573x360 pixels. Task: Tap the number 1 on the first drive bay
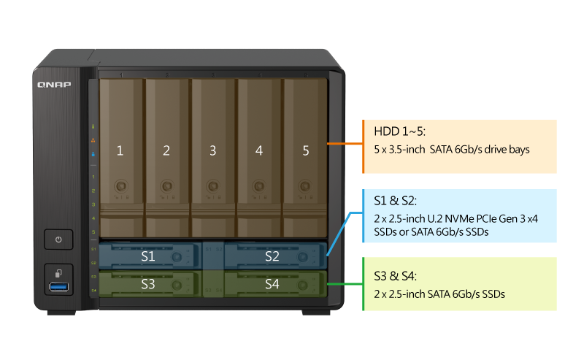click(x=120, y=151)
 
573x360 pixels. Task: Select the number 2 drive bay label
click(x=166, y=151)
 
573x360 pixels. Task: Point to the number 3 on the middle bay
click(x=212, y=151)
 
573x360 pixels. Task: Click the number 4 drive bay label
click(x=259, y=151)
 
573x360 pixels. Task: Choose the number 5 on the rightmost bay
click(x=306, y=151)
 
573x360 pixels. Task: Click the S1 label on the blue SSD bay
click(x=148, y=257)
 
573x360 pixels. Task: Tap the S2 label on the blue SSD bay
click(x=272, y=257)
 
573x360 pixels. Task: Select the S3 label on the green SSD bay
click(x=148, y=284)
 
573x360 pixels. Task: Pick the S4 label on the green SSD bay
click(x=272, y=284)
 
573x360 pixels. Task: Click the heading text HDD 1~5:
click(x=400, y=131)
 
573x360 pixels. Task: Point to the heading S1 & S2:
click(x=396, y=202)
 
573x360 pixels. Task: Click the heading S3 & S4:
click(x=396, y=277)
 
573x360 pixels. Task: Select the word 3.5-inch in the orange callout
click(x=405, y=150)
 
